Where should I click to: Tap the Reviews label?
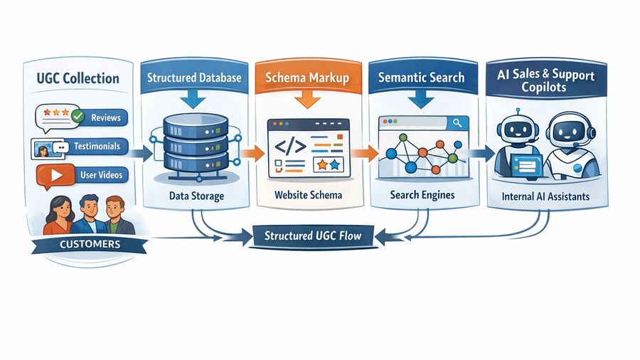click(x=106, y=117)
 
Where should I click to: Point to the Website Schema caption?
click(x=308, y=196)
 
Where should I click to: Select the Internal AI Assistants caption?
click(x=545, y=196)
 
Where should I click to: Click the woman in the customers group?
click(x=60, y=213)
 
